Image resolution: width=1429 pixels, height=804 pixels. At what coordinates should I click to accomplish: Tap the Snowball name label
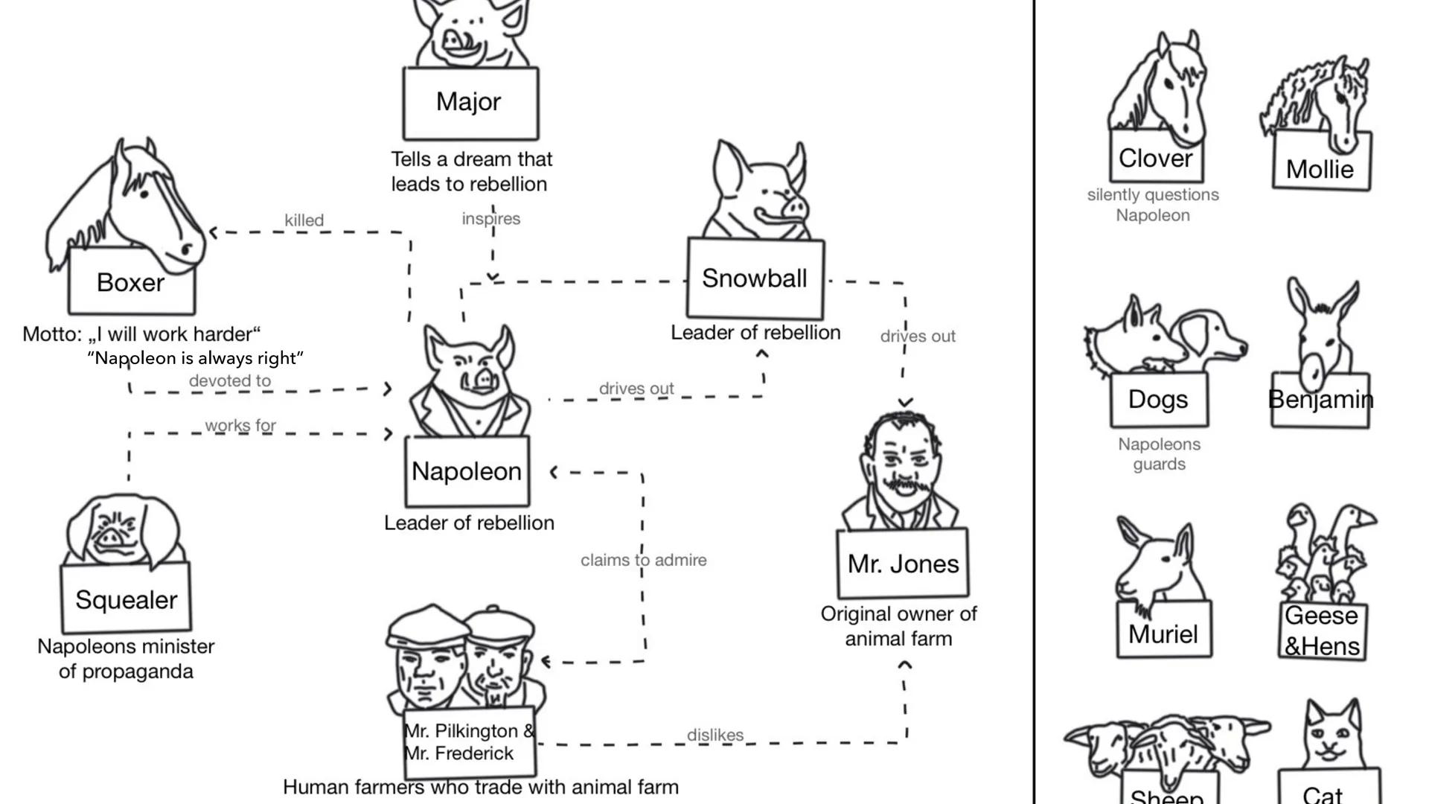click(x=755, y=278)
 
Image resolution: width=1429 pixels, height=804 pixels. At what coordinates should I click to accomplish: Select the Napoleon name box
click(x=467, y=471)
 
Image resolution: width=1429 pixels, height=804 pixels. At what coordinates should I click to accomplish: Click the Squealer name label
click(x=126, y=599)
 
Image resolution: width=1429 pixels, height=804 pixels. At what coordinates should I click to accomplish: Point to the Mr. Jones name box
click(x=903, y=564)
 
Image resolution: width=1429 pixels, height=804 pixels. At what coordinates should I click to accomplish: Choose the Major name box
click(x=470, y=102)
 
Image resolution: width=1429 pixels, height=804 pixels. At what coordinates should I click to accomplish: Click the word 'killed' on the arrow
click(x=304, y=220)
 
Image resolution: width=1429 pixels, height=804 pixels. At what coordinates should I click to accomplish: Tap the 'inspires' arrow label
click(x=490, y=219)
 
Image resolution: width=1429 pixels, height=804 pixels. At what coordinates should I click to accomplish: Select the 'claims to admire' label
click(x=643, y=560)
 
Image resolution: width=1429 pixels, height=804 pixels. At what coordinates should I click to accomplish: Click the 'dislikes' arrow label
click(x=714, y=735)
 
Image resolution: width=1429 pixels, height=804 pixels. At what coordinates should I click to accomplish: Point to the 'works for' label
click(x=240, y=425)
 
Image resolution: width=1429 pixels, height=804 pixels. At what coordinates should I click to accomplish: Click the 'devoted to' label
click(x=229, y=380)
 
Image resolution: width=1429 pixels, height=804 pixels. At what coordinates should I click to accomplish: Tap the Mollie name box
click(x=1320, y=169)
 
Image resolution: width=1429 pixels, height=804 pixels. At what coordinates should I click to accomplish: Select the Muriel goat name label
click(x=1163, y=634)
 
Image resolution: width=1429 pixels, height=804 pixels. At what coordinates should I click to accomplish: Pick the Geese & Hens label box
click(x=1322, y=631)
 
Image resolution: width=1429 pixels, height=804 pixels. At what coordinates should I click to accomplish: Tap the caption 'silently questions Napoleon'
click(x=1153, y=205)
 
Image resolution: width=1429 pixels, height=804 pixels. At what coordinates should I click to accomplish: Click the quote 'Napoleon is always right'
click(x=196, y=358)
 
